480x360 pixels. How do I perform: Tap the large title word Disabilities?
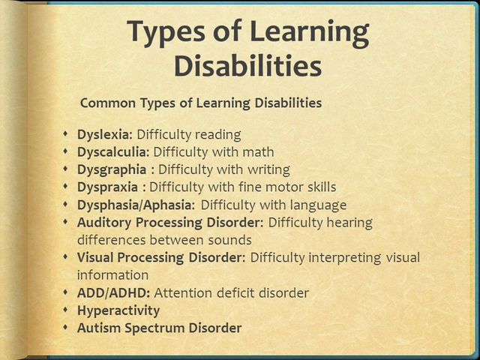(248, 66)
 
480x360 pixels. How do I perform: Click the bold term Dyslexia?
(104, 135)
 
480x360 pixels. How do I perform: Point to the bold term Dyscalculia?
(113, 152)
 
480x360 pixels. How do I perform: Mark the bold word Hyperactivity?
(118, 310)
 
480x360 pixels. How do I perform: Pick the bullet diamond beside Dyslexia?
(67, 135)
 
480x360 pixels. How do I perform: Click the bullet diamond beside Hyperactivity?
(67, 310)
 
